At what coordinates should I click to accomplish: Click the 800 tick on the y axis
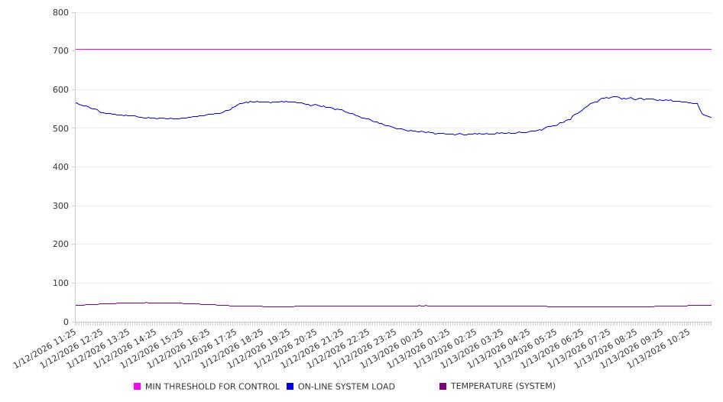60,13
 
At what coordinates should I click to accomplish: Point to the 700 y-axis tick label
60,51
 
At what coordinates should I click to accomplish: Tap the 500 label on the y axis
60,128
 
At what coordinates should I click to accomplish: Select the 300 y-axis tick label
60,206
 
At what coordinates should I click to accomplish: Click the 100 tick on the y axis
60,284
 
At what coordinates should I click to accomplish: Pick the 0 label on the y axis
66,323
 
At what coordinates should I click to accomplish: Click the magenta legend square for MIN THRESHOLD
138,387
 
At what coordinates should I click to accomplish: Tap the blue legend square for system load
290,387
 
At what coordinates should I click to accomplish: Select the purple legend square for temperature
443,387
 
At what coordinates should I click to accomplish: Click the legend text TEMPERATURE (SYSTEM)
503,387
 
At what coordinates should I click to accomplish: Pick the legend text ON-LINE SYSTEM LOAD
346,387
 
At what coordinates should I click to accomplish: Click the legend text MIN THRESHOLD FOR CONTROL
212,387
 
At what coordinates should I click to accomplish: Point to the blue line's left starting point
76,102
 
